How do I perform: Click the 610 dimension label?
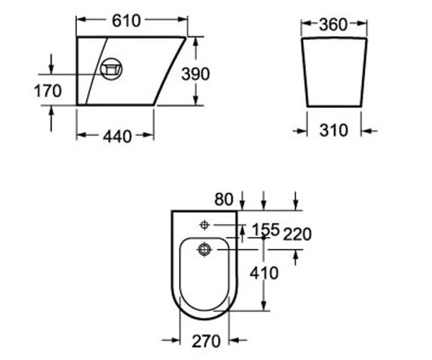pos(126,21)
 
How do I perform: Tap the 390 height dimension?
pos(195,74)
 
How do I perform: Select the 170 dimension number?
pos(48,91)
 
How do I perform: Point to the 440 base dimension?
pos(117,136)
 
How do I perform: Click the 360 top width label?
pos(333,24)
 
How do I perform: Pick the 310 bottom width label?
pos(333,130)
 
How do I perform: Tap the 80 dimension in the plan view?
pos(224,199)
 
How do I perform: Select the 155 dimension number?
pos(266,230)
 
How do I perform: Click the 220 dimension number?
pos(297,235)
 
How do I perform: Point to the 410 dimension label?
pos(264,273)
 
